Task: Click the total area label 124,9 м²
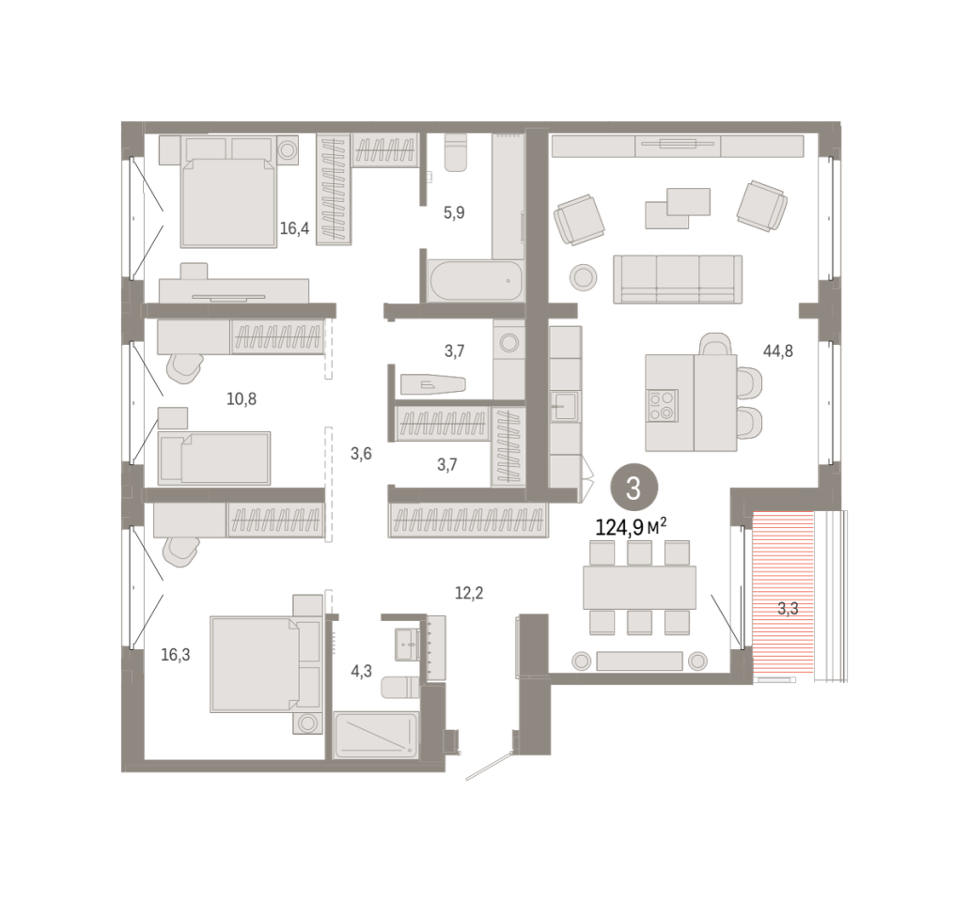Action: point(631,526)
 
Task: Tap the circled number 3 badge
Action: point(633,488)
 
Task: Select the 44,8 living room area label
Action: point(777,350)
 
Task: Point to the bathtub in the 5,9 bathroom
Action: point(475,281)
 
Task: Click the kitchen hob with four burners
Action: point(662,405)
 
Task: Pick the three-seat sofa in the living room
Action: point(678,279)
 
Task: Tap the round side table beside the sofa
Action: point(583,277)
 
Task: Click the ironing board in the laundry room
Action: point(432,384)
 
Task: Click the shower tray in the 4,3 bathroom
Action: point(376,735)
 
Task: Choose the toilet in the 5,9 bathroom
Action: point(456,153)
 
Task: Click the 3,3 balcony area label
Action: point(788,609)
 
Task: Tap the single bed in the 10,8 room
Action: point(214,458)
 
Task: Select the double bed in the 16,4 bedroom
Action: point(228,192)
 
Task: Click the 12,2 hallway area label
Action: point(469,593)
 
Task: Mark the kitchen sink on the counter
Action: point(565,406)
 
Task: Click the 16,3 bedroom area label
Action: point(176,655)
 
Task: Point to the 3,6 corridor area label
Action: point(361,454)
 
